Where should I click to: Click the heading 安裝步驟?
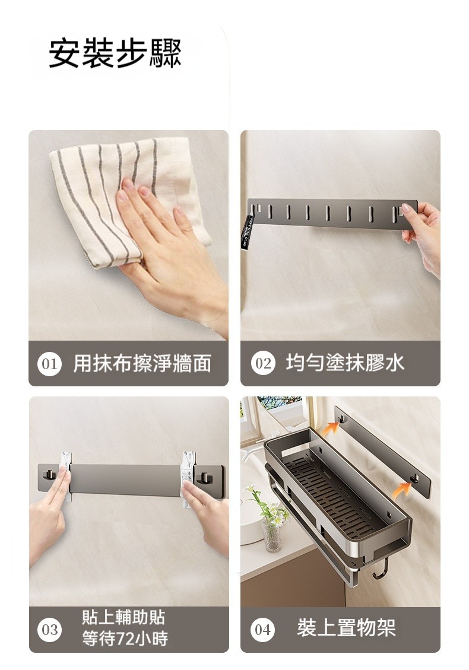(115, 53)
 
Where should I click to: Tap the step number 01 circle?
(50, 364)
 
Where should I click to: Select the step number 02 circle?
(262, 363)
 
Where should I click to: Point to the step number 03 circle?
(50, 630)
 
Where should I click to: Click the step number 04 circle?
(262, 629)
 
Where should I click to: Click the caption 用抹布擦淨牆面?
(142, 364)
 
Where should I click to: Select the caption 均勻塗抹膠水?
(345, 363)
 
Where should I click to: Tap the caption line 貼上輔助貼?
(123, 617)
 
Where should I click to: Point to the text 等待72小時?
(125, 639)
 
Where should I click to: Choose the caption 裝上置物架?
(346, 628)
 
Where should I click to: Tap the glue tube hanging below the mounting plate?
(249, 232)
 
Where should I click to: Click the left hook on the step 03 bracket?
(49, 475)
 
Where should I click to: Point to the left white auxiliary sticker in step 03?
(65, 478)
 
